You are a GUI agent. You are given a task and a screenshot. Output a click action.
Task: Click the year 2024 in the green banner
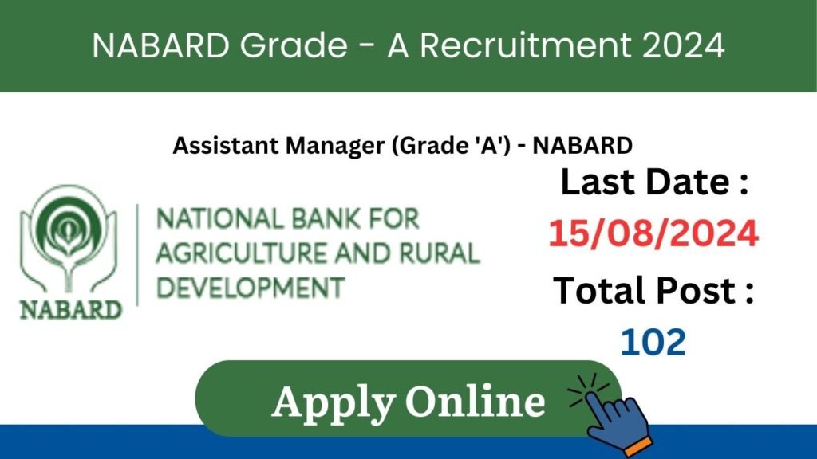pos(683,45)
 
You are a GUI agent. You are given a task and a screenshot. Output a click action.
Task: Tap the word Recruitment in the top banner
pos(526,45)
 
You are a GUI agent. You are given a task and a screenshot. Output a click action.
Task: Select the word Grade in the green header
pos(294,45)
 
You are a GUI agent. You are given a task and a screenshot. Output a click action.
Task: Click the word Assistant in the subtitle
pos(226,146)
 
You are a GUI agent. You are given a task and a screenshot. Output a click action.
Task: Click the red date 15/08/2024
pos(653,233)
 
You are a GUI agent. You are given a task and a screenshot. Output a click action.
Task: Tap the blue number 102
pos(653,343)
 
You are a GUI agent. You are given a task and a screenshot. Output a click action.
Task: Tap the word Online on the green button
pos(476,402)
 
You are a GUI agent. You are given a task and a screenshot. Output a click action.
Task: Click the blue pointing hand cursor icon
pos(615,416)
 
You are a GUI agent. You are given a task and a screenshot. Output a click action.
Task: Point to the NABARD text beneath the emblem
pos(71,310)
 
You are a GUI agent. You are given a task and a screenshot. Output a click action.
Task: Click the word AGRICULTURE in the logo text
pos(242,253)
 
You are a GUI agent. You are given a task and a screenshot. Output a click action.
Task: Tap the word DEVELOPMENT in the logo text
pos(251,288)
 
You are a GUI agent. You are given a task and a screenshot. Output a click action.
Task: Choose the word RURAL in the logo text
pos(440,253)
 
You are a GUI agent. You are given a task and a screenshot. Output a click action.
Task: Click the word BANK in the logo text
pos(326,218)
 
